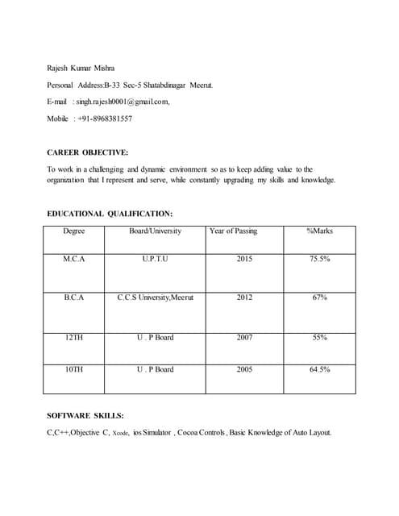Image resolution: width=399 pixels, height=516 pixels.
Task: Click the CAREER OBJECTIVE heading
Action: [88, 152]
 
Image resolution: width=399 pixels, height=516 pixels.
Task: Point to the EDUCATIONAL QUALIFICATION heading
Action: [110, 214]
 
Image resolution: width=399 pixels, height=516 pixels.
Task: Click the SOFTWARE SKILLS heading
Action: [85, 415]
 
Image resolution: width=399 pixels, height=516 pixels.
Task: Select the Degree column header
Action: [73, 231]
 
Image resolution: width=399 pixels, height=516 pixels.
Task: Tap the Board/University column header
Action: [156, 231]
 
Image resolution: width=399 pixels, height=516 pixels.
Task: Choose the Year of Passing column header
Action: [233, 231]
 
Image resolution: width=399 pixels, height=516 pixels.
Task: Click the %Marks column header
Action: [319, 231]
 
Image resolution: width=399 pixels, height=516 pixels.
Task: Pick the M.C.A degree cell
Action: [73, 259]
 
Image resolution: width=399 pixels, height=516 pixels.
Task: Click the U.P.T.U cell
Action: [156, 259]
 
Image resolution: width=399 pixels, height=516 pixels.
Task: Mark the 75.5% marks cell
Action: [319, 259]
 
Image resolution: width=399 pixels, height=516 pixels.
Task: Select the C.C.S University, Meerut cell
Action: [156, 298]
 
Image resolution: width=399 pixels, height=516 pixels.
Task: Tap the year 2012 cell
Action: [244, 298]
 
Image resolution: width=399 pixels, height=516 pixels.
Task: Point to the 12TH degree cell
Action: [73, 337]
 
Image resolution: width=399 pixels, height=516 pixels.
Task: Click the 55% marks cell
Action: [319, 337]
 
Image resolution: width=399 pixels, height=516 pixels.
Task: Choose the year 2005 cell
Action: [244, 369]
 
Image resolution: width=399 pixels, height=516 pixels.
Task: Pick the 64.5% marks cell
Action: [319, 369]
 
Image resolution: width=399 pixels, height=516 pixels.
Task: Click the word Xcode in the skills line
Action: [120, 434]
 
